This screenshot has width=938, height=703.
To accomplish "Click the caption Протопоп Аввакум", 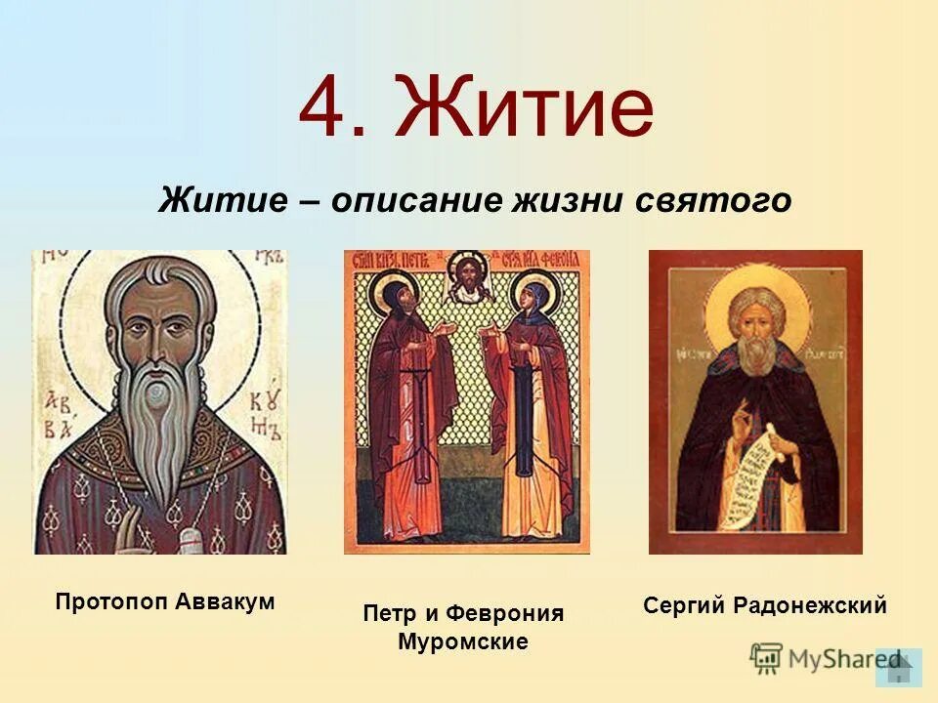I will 165,601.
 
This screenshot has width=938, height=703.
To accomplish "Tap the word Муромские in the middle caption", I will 463,641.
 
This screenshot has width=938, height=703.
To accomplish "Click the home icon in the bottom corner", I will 899,668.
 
